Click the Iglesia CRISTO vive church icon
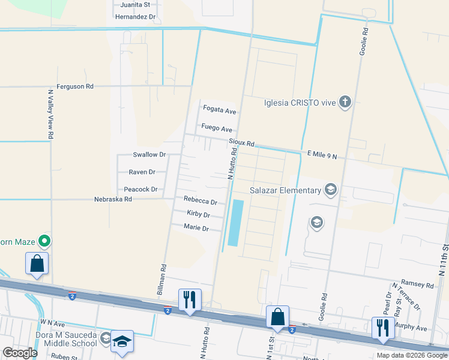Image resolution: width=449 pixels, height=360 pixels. click(x=345, y=102)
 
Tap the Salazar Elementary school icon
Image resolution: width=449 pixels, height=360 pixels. click(x=330, y=190)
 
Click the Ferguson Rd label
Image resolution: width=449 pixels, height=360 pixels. click(x=75, y=86)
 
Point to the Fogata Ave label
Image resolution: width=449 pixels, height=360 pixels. click(x=219, y=110)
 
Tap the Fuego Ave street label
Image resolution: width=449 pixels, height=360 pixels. click(x=217, y=129)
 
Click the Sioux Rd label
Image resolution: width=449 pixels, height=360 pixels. click(x=242, y=144)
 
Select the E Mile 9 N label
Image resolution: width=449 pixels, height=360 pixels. click(x=322, y=155)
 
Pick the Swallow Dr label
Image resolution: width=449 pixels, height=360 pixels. click(x=149, y=155)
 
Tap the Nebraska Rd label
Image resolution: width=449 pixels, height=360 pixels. click(x=113, y=199)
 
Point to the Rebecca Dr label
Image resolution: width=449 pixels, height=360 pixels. click(x=200, y=202)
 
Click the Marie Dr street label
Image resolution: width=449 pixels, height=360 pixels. click(x=196, y=228)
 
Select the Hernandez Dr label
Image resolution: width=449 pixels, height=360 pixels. click(x=135, y=17)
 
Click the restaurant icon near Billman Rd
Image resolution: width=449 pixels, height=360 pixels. click(x=190, y=299)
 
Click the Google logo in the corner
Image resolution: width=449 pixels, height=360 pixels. click(x=20, y=353)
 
